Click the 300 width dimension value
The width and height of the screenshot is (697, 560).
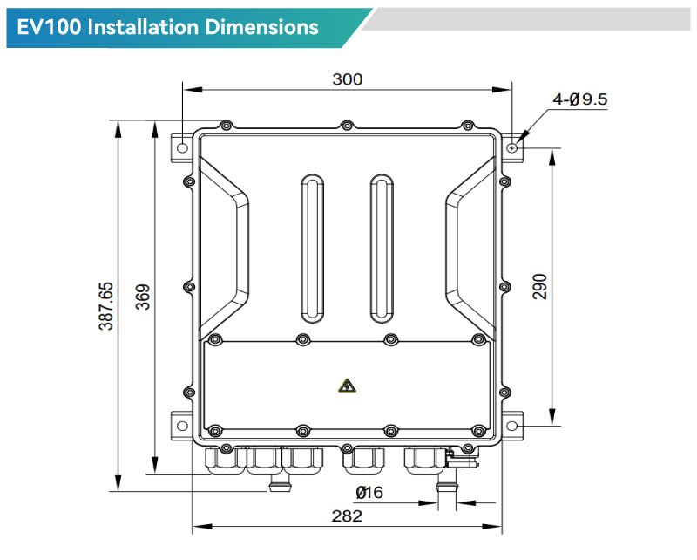(x=348, y=79)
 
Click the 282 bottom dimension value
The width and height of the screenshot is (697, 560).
(x=347, y=516)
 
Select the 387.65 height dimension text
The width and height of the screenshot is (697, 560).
(x=105, y=305)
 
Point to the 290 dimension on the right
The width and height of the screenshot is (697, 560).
(x=539, y=286)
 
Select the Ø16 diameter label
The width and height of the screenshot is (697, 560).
(x=369, y=493)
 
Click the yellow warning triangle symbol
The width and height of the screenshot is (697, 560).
(x=347, y=385)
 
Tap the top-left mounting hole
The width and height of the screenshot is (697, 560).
(x=182, y=147)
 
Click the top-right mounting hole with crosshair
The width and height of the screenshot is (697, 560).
(x=513, y=147)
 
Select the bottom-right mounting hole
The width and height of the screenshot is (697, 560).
(x=513, y=426)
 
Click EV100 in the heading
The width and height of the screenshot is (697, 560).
(x=51, y=27)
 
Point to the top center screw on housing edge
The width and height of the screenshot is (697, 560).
(x=347, y=126)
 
